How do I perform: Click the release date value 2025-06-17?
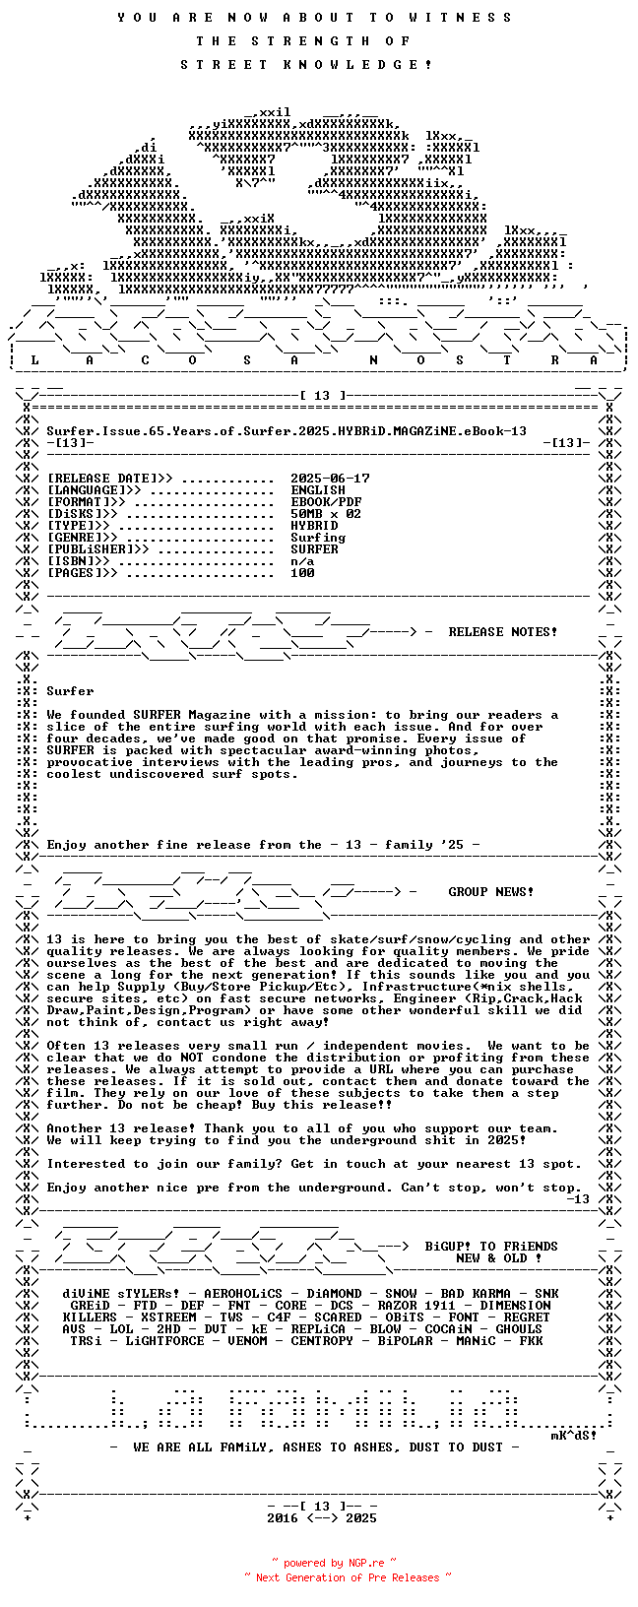330,479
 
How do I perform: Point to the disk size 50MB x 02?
326,514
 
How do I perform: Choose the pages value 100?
302,573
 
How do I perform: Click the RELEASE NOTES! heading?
502,632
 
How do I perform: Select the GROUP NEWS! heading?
490,892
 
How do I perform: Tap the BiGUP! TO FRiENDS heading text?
490,1247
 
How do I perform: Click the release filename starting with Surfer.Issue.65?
286,431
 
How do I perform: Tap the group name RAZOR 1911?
416,1306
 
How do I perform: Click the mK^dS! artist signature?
573,1436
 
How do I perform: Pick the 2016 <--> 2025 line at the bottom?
322,1518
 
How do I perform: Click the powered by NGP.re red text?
334,1563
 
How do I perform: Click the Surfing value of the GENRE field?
318,538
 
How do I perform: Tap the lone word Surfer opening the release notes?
70,691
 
